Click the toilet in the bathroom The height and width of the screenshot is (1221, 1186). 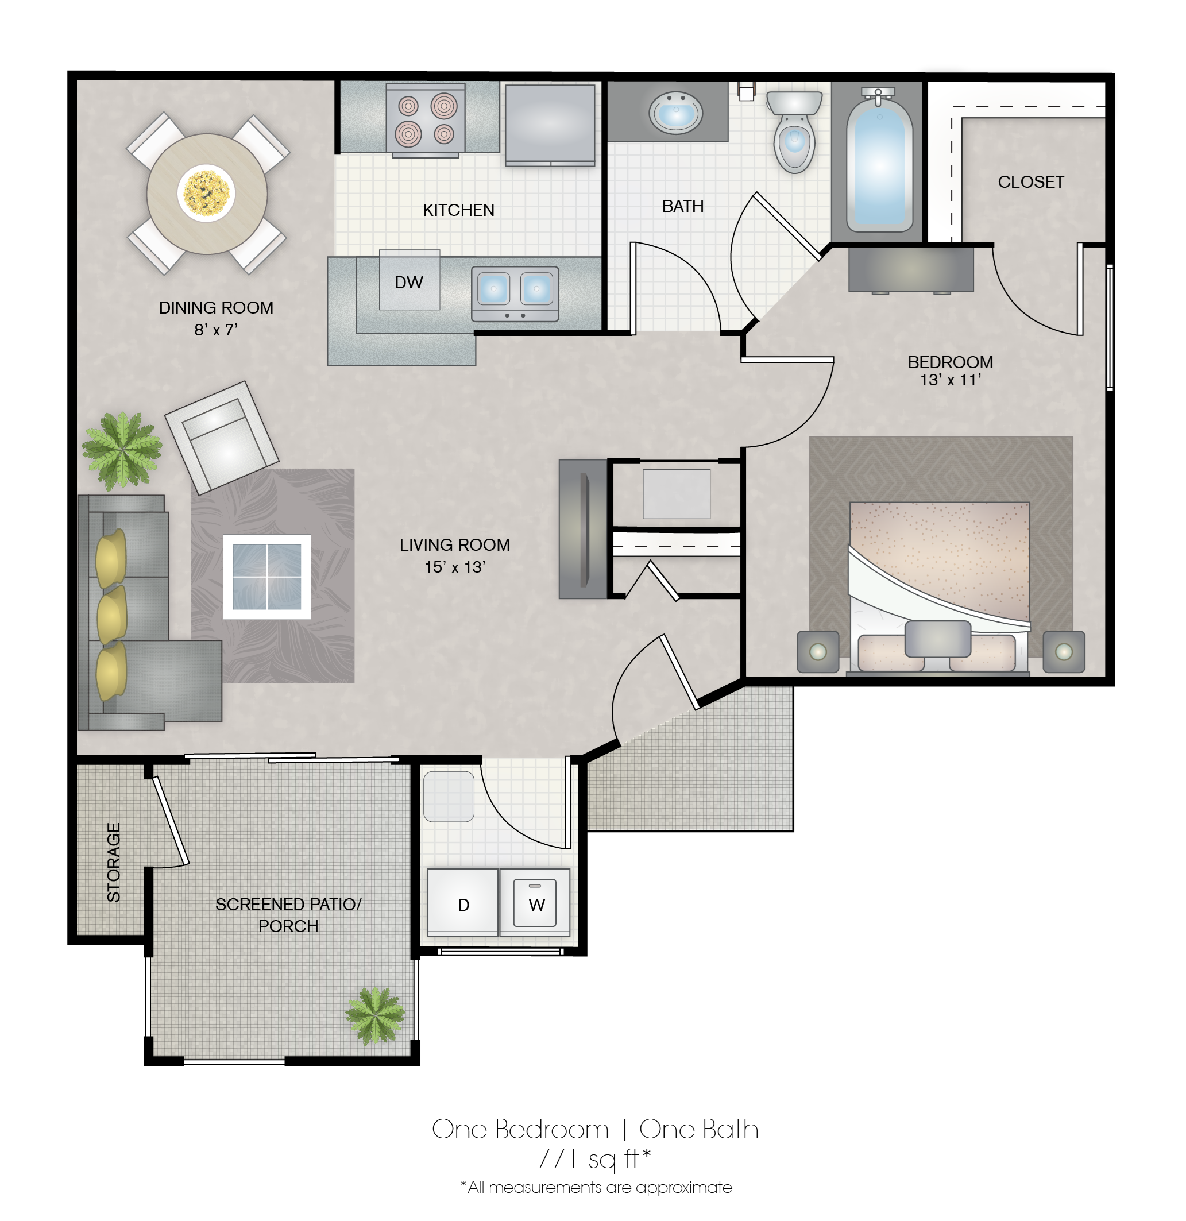794,131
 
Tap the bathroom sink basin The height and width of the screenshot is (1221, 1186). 676,113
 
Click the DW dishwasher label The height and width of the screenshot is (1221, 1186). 408,282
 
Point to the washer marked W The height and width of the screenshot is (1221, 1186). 535,903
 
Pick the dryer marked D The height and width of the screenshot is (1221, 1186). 463,903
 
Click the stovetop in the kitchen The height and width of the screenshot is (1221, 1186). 426,119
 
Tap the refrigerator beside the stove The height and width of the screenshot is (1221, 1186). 550,125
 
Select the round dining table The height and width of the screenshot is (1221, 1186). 207,194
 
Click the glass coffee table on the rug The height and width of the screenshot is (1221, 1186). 266,577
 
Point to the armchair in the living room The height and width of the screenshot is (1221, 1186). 222,437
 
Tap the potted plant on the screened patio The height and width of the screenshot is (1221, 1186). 376,1015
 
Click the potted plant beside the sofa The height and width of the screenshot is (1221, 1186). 122,449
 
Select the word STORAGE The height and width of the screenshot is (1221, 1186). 113,862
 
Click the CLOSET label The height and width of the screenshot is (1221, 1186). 1031,182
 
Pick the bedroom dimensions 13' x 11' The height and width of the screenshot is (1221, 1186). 951,380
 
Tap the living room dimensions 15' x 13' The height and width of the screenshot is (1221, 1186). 455,567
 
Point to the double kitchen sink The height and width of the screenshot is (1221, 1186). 515,293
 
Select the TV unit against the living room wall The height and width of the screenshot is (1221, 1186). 583,529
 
